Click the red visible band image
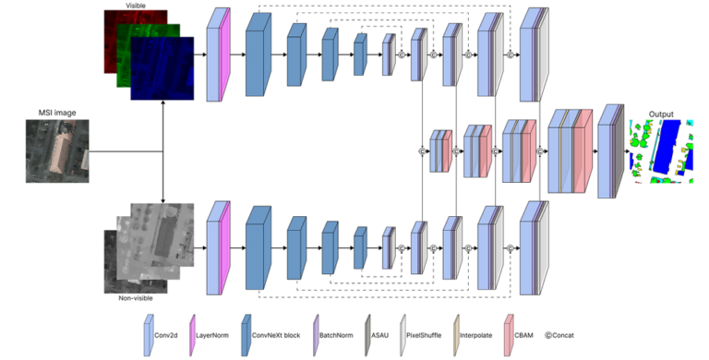point(115,32)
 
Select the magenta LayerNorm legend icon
point(194,333)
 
